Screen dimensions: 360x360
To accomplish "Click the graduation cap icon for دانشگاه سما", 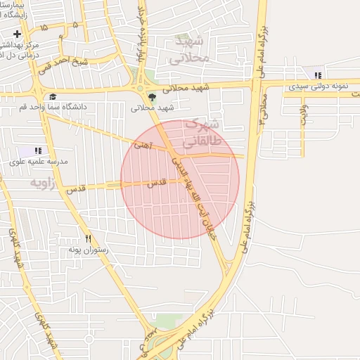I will [53, 97].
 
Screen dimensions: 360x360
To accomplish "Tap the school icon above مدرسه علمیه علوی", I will [37, 150].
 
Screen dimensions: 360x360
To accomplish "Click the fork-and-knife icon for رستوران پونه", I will [88, 239].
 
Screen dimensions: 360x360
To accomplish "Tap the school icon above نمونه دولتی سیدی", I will [318, 75].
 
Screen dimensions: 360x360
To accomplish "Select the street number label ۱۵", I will [44, 27].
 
